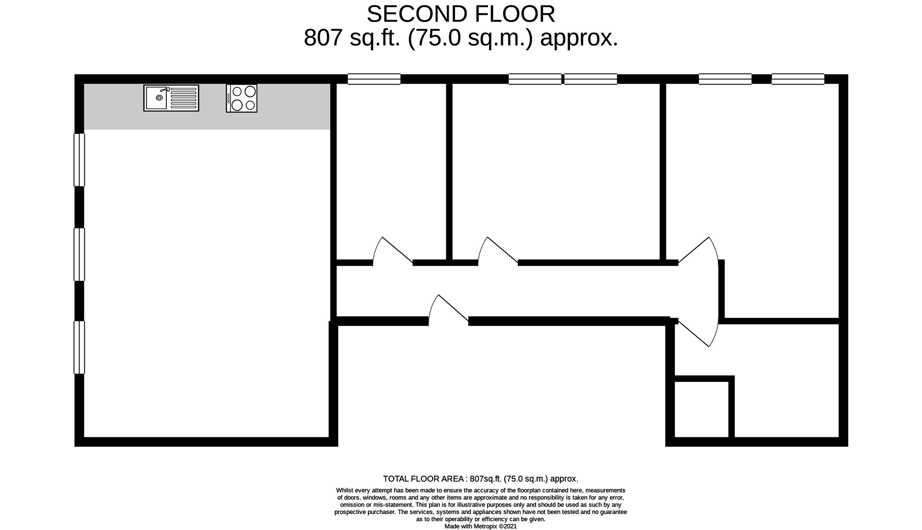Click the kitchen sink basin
(157, 98)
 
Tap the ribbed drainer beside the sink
(183, 98)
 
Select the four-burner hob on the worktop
(242, 98)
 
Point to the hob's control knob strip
(229, 98)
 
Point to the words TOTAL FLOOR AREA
(424, 479)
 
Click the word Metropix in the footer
(486, 527)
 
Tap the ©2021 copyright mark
(508, 527)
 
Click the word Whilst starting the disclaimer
(345, 490)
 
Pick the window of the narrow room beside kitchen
(374, 79)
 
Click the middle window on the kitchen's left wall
(79, 255)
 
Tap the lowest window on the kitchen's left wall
(79, 347)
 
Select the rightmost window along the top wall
(798, 79)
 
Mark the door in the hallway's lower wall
(448, 310)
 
